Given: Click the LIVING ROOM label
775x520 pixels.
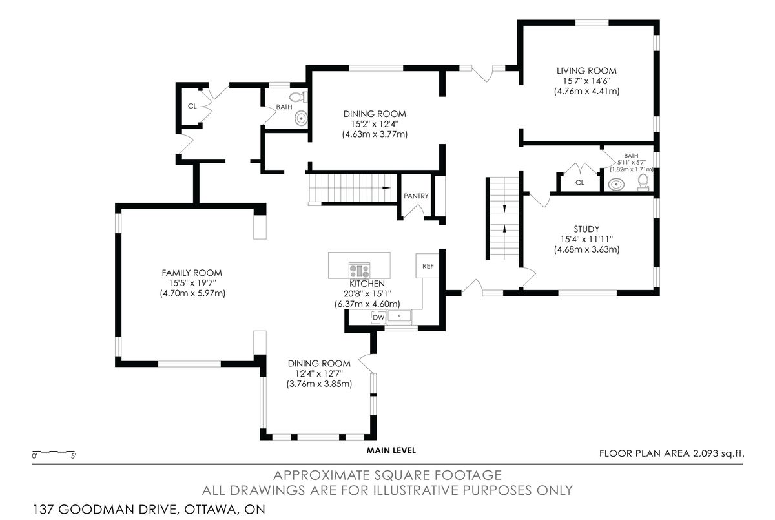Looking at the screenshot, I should (586, 70).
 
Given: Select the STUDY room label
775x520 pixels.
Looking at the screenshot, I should (586, 229).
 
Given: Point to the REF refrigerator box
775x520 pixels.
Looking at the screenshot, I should (428, 265).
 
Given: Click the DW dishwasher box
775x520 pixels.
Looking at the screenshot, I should (378, 317).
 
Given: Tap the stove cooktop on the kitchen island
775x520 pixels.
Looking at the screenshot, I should (360, 270).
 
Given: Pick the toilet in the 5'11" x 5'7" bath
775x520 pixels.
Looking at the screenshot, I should (643, 184).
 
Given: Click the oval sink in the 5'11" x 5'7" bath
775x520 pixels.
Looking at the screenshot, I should (617, 185).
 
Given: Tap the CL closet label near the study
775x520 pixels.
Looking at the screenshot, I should (579, 183).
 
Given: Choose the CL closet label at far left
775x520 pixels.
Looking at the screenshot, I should (192, 106).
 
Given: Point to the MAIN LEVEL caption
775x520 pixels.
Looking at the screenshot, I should (391, 450).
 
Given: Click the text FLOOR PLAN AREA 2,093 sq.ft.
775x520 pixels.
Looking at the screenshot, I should (672, 453).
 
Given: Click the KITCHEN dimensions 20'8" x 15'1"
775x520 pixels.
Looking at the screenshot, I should (367, 294).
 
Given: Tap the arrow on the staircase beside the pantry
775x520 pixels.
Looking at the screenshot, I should (386, 187).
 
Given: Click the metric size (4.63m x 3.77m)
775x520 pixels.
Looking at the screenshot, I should (375, 134).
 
